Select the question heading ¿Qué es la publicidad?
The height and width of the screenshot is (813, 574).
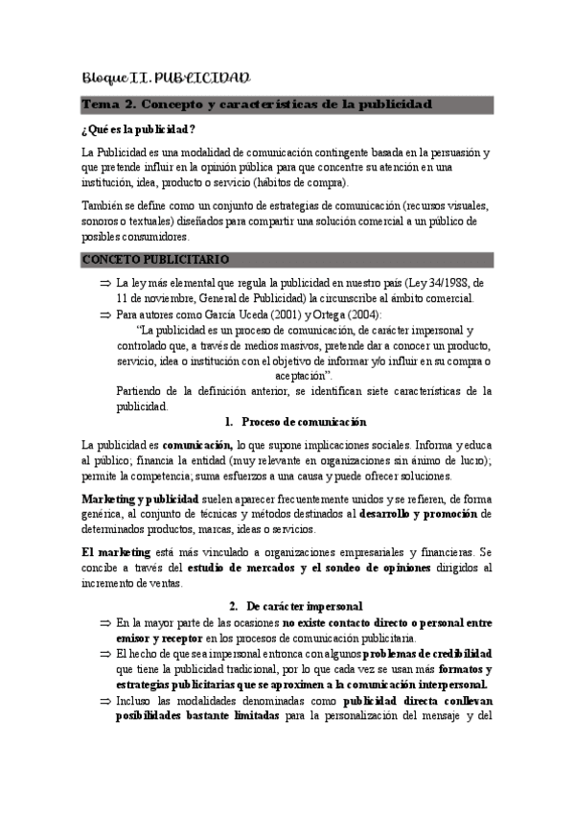140,129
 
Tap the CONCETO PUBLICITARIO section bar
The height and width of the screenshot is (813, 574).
155,259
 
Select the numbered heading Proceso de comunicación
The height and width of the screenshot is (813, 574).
303,422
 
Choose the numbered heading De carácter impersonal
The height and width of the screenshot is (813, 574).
304,606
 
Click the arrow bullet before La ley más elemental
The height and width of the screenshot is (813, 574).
104,283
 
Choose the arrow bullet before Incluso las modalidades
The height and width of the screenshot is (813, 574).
104,699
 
